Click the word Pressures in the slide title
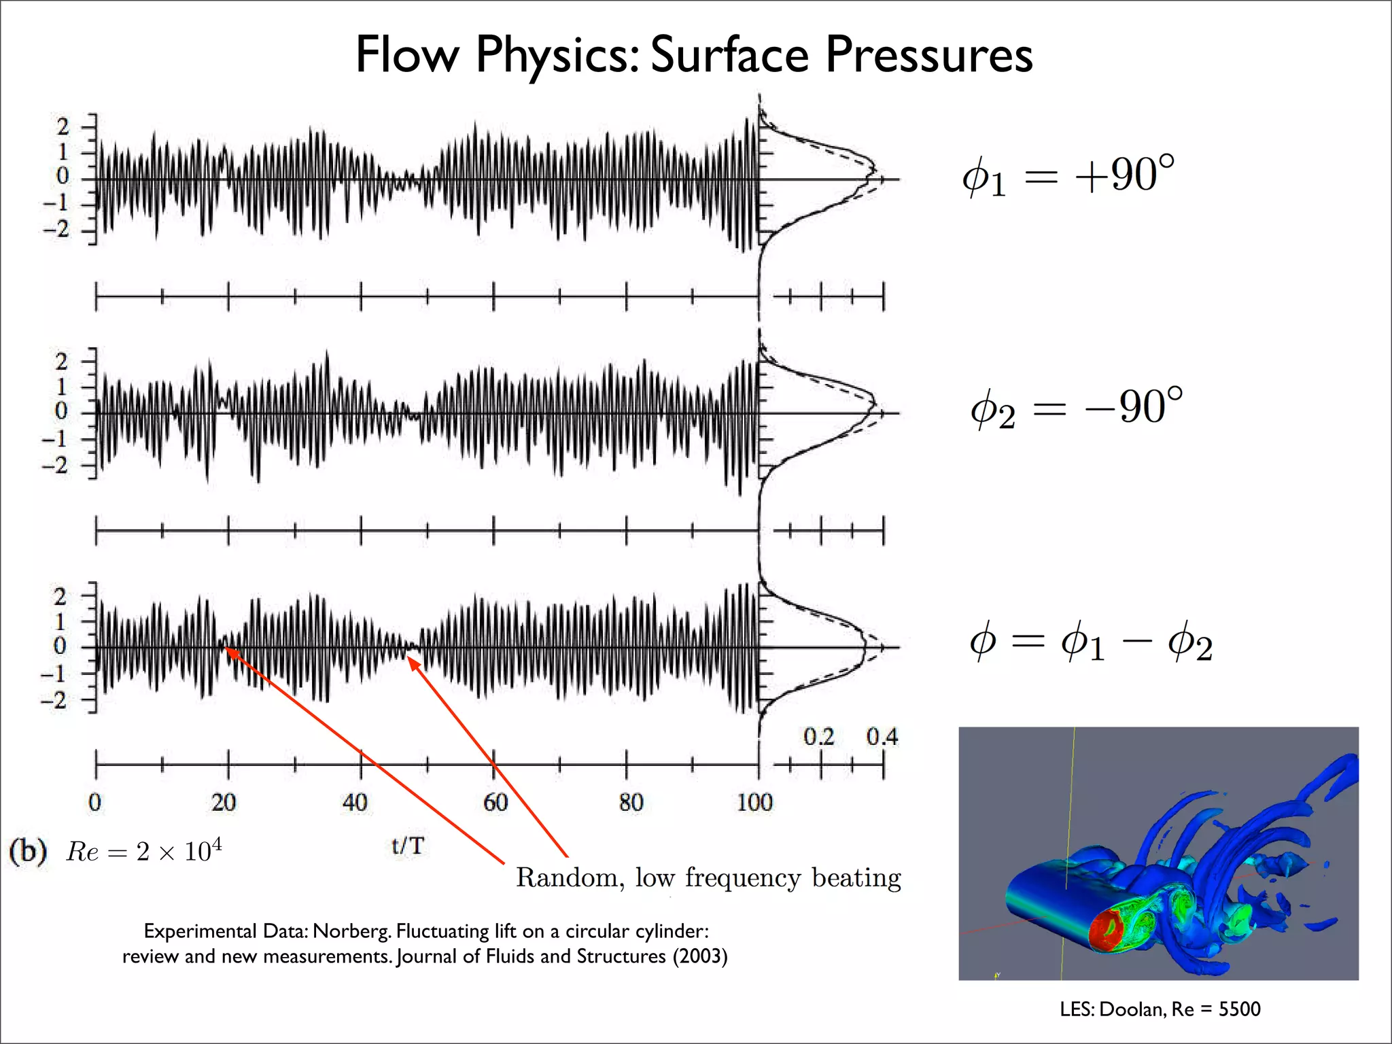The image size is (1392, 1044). click(928, 54)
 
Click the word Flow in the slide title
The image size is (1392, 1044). click(406, 54)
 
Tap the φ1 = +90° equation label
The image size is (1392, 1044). click(1068, 175)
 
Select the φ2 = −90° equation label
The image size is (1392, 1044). click(1076, 408)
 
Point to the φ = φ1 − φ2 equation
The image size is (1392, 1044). click(1090, 643)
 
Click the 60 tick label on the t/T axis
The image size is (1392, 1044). click(495, 803)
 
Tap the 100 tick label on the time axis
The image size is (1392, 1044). click(754, 803)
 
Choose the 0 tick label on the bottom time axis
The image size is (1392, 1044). click(95, 803)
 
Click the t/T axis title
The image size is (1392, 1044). click(408, 846)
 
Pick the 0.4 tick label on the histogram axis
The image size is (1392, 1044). click(882, 737)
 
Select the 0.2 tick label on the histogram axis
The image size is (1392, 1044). click(818, 737)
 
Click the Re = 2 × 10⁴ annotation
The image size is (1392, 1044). click(143, 851)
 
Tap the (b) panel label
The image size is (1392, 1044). click(28, 851)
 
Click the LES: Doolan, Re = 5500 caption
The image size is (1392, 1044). click(1160, 1009)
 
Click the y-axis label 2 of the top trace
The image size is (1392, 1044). click(63, 126)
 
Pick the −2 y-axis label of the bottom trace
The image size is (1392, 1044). click(56, 700)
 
